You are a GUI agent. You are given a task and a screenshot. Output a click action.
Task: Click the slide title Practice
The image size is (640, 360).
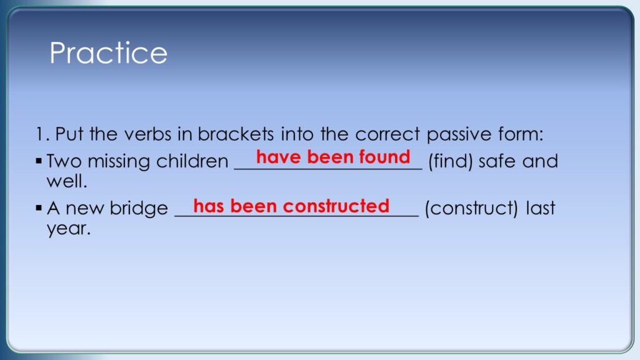tap(109, 52)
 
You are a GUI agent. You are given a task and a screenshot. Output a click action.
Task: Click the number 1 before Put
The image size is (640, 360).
tap(39, 134)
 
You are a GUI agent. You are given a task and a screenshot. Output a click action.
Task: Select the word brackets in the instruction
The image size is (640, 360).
tap(236, 134)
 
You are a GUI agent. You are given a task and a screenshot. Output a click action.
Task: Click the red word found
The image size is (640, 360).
tap(384, 157)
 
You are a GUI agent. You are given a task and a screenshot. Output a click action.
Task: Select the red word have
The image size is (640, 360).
tap(279, 157)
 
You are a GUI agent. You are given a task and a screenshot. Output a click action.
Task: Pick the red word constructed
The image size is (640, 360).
tap(336, 206)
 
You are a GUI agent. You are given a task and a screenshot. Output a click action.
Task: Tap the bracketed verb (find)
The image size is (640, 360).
tap(451, 161)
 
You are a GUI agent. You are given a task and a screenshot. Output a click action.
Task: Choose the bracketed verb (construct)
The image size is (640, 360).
tap(471, 208)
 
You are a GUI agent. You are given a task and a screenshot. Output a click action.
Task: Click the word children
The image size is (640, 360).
tap(192, 161)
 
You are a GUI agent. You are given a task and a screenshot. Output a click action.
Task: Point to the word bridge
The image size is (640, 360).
tap(139, 209)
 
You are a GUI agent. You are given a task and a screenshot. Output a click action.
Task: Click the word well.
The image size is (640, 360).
tap(67, 181)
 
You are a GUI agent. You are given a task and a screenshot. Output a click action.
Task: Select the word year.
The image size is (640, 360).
tap(69, 229)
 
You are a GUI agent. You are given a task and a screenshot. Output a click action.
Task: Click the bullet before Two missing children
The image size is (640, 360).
tap(39, 161)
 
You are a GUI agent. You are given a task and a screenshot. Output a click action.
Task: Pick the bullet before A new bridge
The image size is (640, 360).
tap(39, 208)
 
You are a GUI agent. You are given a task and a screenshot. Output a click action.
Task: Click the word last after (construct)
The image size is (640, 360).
tap(541, 207)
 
